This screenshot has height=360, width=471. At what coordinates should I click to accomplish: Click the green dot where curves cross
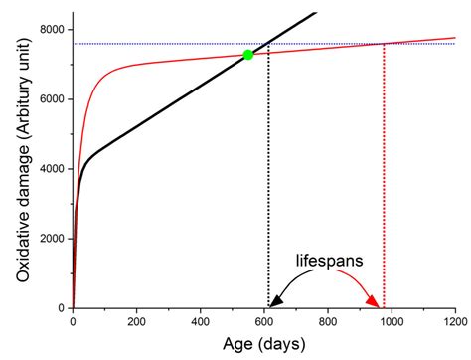[x=247, y=55]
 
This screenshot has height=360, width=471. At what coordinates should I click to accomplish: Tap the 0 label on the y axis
[x=61, y=308]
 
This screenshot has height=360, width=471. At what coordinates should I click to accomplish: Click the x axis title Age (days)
[x=263, y=345]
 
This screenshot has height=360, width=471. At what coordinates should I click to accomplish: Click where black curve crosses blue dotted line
[x=268, y=44]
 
